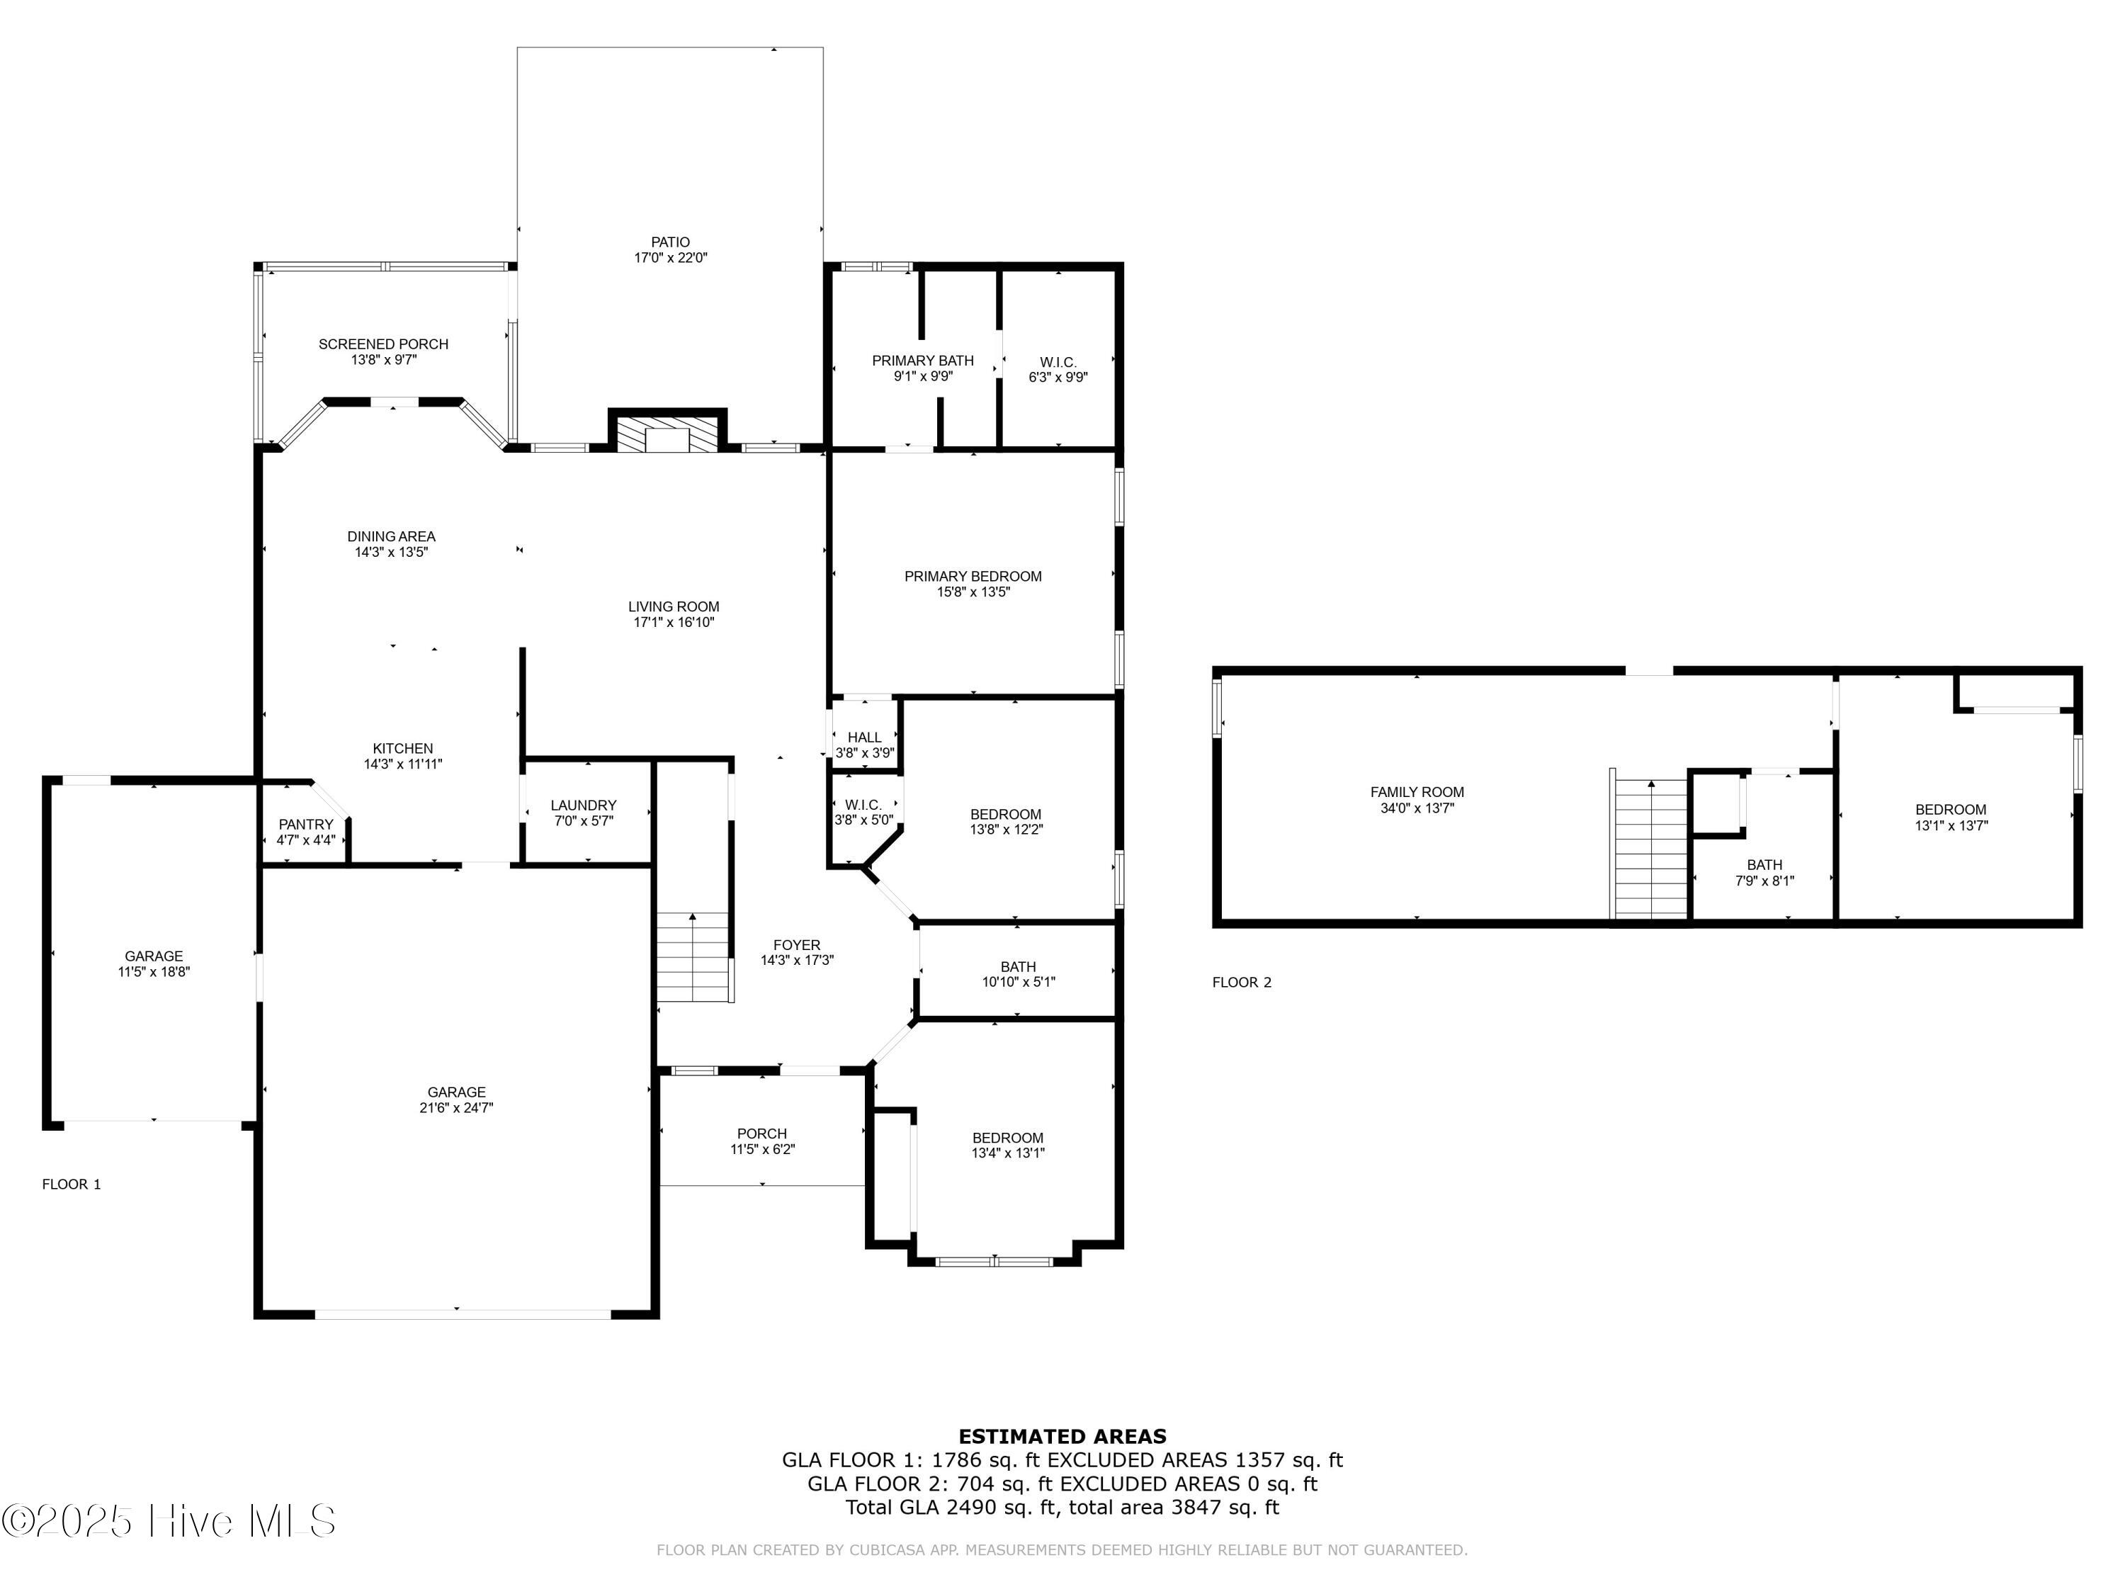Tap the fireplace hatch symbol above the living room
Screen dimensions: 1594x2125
click(x=667, y=434)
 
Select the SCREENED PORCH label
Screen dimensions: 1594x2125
click(x=383, y=344)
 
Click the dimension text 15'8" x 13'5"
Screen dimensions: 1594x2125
click(x=973, y=592)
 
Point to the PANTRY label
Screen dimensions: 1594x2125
click(x=305, y=825)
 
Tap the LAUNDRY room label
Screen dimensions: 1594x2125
click(x=583, y=806)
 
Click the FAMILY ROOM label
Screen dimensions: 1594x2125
click(x=1417, y=792)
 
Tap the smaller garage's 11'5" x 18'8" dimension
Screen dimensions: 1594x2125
click(x=154, y=971)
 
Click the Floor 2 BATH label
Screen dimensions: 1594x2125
click(x=1764, y=865)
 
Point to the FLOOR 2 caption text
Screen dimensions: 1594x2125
click(x=1241, y=982)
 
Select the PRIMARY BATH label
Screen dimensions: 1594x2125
click(x=922, y=361)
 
